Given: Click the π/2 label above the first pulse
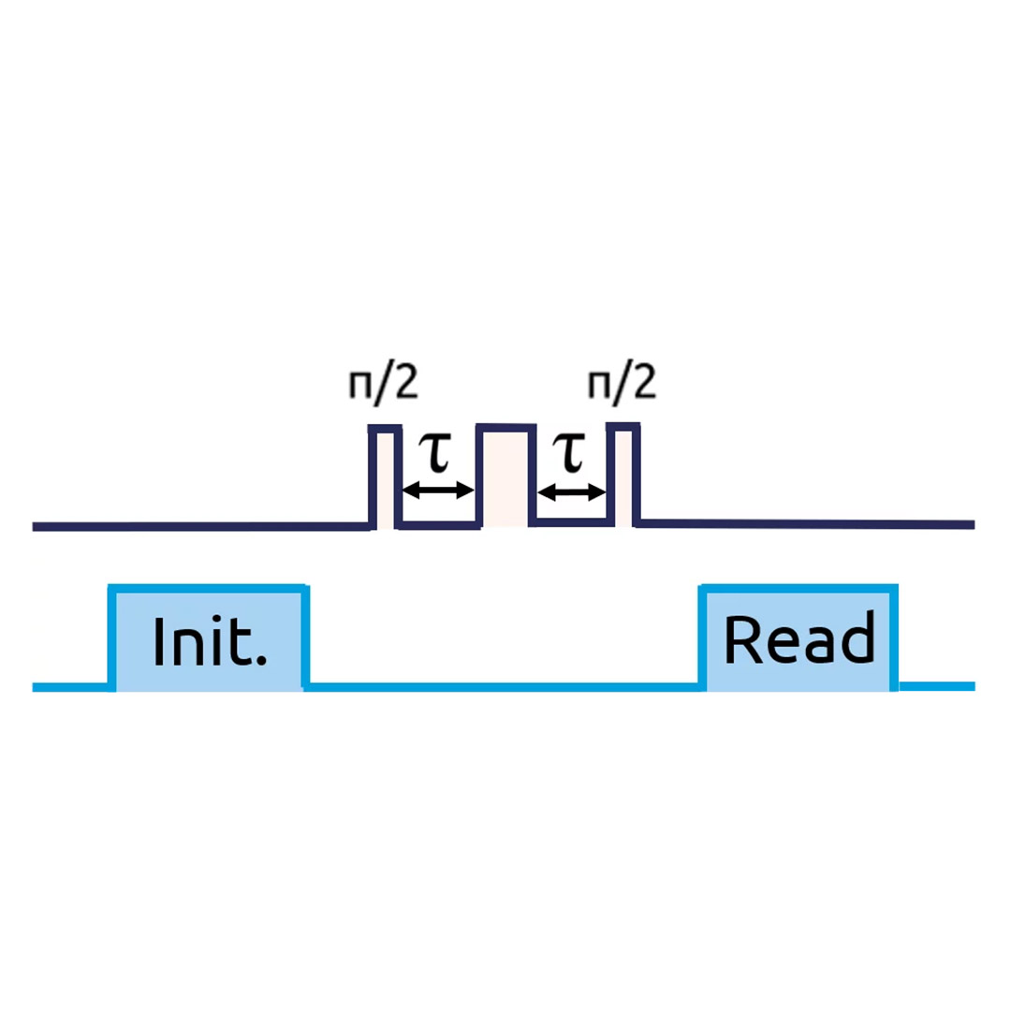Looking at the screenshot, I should point(385,384).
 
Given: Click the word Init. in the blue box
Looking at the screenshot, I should point(210,641).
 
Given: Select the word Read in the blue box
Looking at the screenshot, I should point(799,639).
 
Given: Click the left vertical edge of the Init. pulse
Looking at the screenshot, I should point(112,637).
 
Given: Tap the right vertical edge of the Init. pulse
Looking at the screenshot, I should point(306,637).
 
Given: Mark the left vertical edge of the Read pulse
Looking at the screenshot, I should point(703,637).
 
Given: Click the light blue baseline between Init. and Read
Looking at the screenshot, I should point(505,687).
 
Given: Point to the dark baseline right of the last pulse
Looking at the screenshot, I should point(805,523).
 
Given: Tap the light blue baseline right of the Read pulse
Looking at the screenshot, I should point(936,686).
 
